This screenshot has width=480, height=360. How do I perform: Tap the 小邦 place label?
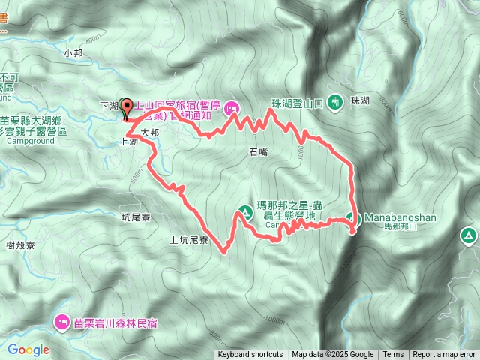[x=73, y=53]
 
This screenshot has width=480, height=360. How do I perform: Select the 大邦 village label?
[x=150, y=131]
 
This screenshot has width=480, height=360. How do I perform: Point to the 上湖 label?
[x=128, y=141]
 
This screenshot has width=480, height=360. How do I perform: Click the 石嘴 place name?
[x=257, y=152]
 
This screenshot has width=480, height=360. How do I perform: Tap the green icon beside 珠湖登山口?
[x=336, y=101]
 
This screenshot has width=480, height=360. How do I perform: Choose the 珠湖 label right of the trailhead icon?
[x=360, y=100]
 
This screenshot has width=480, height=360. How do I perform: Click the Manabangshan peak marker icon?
[x=354, y=220]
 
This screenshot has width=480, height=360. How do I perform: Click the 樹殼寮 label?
[x=20, y=245]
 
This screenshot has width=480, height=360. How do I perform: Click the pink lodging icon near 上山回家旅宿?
[x=232, y=107]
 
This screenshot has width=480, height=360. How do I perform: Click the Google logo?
[x=28, y=349]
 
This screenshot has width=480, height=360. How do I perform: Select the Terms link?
[x=393, y=355]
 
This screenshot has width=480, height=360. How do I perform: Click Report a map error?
[x=444, y=355]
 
